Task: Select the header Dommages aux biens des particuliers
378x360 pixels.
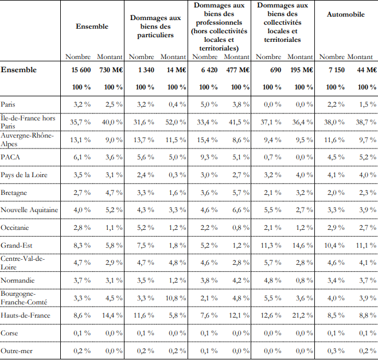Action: pyautogui.click(x=155, y=26)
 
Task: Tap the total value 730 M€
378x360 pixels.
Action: pyautogui.click(x=110, y=70)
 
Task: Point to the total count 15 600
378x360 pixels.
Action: pyautogui.click(x=80, y=70)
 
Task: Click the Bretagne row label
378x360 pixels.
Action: pyautogui.click(x=15, y=193)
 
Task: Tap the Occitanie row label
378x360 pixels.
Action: pyautogui.click(x=15, y=228)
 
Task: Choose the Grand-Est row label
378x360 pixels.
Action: pyautogui.click(x=16, y=245)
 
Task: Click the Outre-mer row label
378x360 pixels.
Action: pyautogui.click(x=17, y=350)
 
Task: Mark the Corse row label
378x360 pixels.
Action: pyautogui.click(x=10, y=332)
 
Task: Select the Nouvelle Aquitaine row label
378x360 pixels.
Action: pyautogui.click(x=29, y=210)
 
